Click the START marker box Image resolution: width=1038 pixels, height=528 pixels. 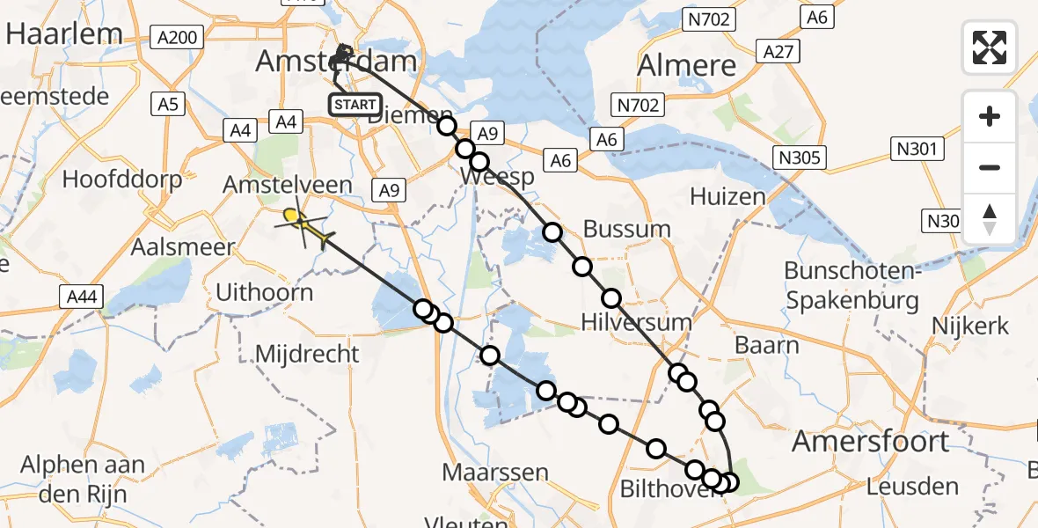point(355,104)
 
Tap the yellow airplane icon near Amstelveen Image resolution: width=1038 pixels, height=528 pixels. point(303,225)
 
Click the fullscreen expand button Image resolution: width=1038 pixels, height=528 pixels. point(990,47)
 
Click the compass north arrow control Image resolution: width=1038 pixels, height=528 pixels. point(990,218)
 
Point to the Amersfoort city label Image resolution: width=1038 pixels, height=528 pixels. point(870,441)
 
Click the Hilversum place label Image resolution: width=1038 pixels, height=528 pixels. point(637,321)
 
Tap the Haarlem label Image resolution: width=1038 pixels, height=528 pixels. point(64,33)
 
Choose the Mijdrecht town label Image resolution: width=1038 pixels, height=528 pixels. point(307,354)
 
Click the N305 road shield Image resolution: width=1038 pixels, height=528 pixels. point(799,158)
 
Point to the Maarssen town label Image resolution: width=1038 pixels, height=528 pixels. point(495,472)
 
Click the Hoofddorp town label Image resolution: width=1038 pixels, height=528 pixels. point(122,180)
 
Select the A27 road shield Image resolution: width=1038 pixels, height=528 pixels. point(779,52)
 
